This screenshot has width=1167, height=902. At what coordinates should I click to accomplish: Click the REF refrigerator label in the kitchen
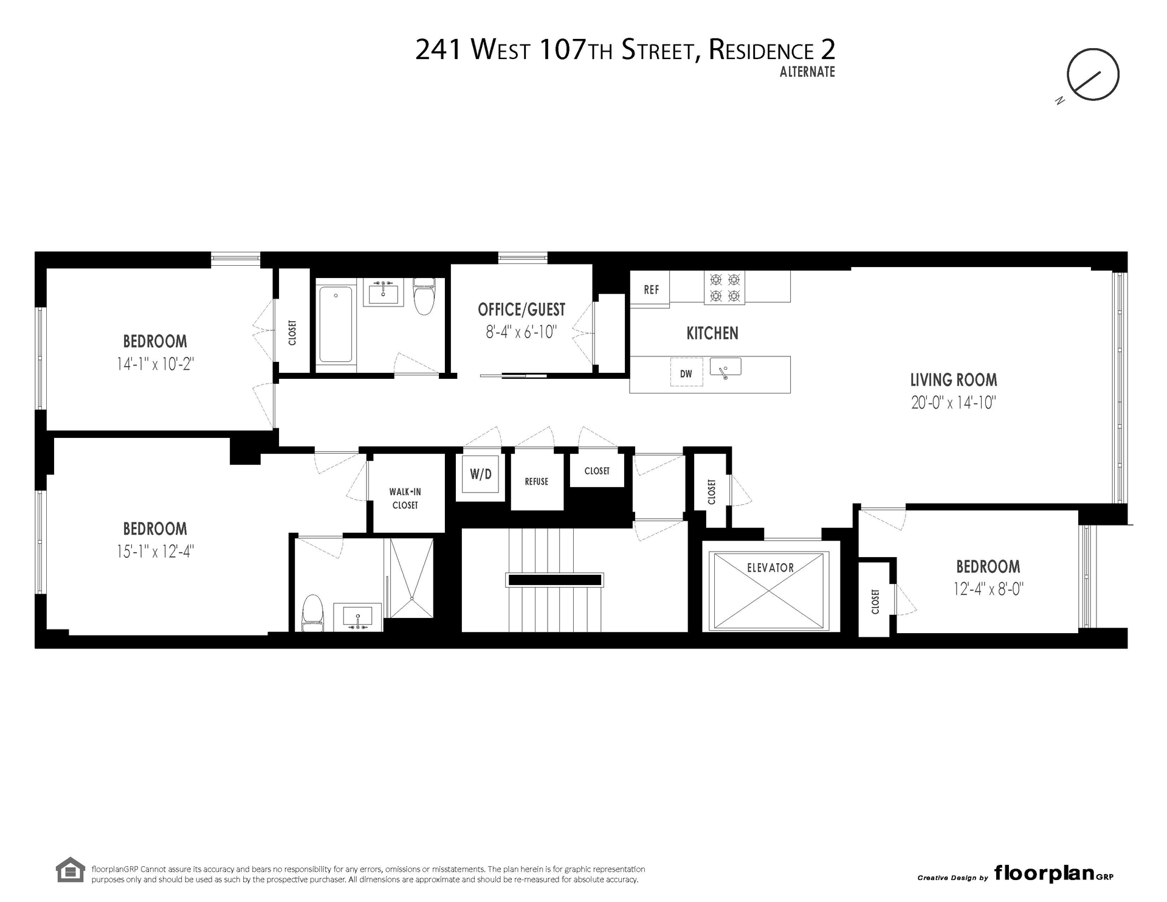(x=651, y=290)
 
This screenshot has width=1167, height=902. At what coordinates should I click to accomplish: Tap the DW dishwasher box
(x=686, y=373)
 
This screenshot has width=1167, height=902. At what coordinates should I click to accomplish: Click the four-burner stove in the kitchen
(x=725, y=288)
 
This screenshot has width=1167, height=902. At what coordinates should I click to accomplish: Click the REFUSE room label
(x=537, y=482)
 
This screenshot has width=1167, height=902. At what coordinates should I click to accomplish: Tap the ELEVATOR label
(x=770, y=567)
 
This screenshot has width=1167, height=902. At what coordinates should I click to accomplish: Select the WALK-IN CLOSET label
(x=405, y=498)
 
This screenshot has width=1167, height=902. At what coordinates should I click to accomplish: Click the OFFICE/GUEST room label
(x=522, y=310)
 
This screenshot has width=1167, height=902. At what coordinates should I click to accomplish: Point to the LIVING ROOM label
(x=954, y=380)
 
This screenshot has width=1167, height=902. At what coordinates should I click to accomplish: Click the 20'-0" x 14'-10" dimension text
(x=954, y=403)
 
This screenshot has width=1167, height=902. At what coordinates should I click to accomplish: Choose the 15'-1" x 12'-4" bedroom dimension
(x=155, y=552)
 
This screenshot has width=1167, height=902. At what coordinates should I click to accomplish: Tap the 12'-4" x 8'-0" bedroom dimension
(x=988, y=589)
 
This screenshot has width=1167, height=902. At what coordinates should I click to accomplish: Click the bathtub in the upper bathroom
(x=336, y=324)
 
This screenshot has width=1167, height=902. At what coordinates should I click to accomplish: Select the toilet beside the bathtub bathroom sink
(x=424, y=296)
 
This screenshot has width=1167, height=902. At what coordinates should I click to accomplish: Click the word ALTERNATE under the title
(x=807, y=72)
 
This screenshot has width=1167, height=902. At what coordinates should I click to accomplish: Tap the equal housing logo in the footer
(x=70, y=870)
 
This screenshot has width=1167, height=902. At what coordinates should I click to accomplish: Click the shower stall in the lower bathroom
(x=411, y=578)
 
